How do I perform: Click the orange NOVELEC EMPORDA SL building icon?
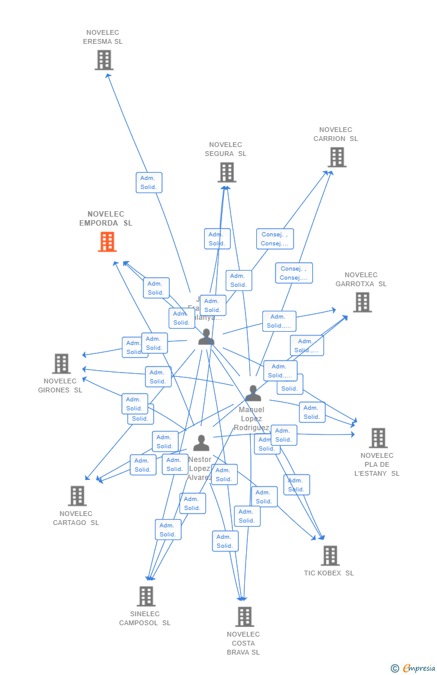point(107,241)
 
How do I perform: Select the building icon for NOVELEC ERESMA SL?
point(104,60)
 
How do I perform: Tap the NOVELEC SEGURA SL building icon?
point(226,172)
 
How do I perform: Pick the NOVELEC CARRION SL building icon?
point(337,157)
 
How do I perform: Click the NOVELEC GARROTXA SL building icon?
point(362,302)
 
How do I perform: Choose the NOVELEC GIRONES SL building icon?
point(61,364)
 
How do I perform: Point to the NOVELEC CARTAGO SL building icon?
point(77,496)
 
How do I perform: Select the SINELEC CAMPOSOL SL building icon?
point(146,596)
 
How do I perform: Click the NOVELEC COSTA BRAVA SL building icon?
point(244,616)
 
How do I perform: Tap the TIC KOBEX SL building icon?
point(330,556)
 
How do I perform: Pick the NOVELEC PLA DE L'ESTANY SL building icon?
point(378,438)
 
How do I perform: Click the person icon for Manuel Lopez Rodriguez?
point(253,394)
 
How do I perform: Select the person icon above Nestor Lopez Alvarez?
point(201,443)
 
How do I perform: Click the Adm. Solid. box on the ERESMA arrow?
point(149,182)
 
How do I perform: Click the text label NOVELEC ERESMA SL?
point(103,37)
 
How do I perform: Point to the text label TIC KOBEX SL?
point(329,573)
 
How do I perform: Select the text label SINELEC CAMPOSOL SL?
point(145,619)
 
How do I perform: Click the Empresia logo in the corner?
point(414,668)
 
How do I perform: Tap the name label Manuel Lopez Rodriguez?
point(252,419)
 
